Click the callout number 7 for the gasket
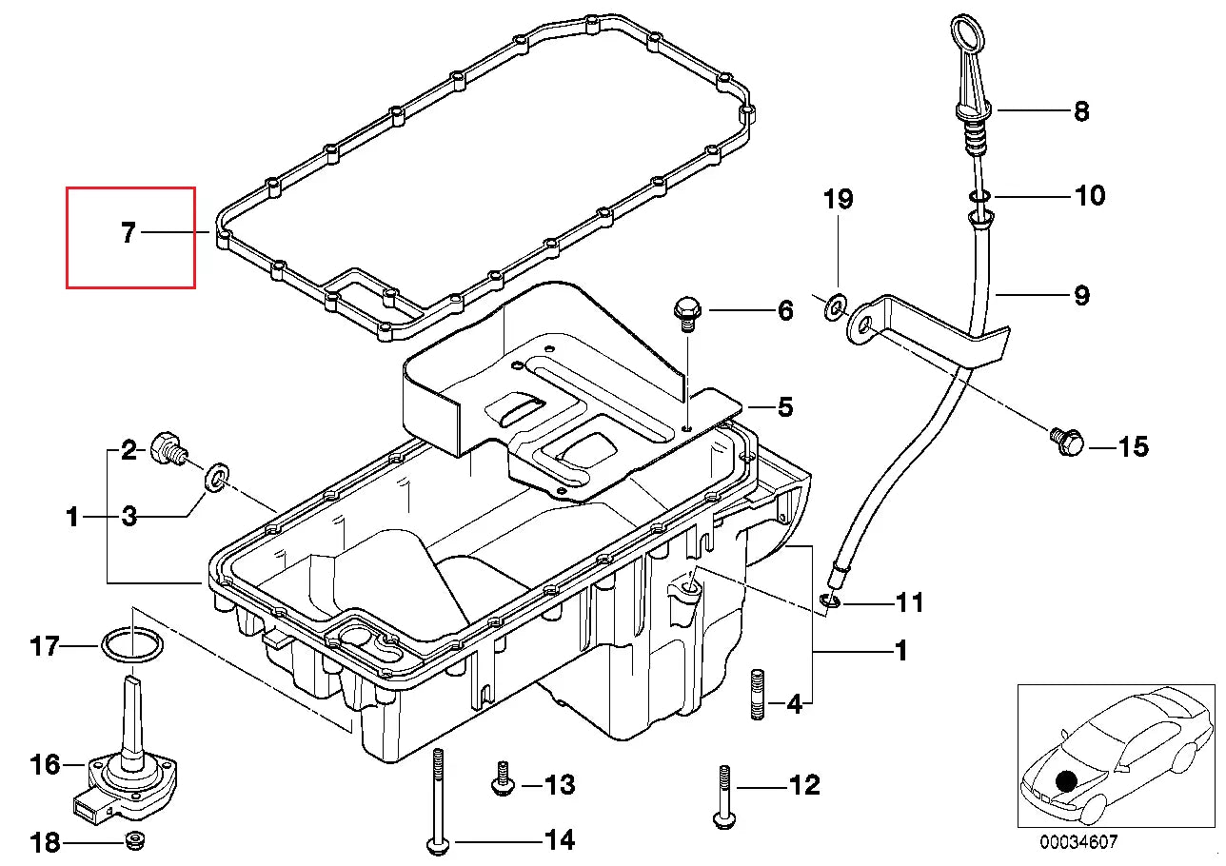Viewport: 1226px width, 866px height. click(129, 232)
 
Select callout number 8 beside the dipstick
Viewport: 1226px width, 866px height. click(1081, 111)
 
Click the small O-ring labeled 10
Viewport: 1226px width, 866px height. click(980, 197)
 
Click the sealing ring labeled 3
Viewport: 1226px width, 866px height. click(218, 476)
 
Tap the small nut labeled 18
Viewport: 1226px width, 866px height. click(135, 840)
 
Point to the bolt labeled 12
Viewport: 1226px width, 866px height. click(723, 796)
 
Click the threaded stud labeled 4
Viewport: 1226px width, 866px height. click(759, 696)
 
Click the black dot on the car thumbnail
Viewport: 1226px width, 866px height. click(1065, 780)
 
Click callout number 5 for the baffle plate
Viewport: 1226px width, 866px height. click(784, 407)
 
